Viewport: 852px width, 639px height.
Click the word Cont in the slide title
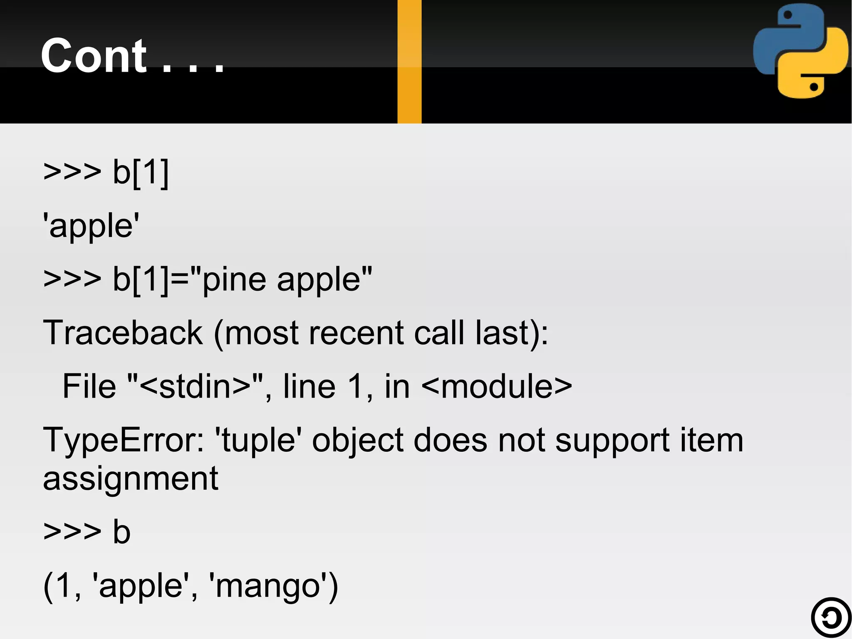click(x=94, y=56)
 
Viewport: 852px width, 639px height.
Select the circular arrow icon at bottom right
click(x=831, y=617)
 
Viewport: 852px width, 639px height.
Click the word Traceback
click(x=123, y=333)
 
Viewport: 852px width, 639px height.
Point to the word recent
click(x=356, y=333)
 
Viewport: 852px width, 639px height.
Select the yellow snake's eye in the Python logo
click(x=814, y=87)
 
